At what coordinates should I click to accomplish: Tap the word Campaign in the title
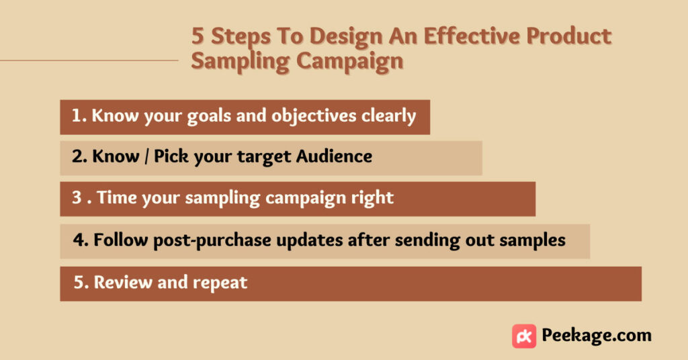point(349,62)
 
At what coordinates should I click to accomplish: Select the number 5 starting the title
point(198,36)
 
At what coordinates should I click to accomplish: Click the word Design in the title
point(346,37)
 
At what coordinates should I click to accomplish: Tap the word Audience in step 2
point(334,156)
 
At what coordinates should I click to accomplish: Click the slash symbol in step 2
point(146,156)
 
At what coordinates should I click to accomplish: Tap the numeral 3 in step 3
point(77,197)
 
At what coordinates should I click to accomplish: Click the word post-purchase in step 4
point(212,240)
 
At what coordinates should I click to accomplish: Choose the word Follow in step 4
point(121,240)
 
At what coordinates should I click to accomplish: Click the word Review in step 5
point(124,282)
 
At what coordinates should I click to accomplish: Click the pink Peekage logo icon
point(524,336)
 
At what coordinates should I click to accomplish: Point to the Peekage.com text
point(597,335)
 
